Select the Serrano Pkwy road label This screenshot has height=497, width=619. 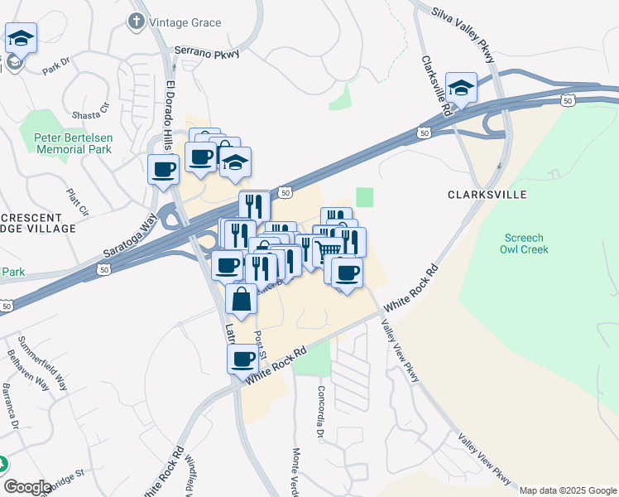coord(206,52)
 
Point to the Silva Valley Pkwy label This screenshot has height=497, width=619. coord(463,36)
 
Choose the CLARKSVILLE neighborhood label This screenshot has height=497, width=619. coord(487,195)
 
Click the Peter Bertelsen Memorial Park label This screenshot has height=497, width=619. coord(72,143)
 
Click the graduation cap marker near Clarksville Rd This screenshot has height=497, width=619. coord(461,86)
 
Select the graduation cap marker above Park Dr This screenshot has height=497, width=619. coord(20,37)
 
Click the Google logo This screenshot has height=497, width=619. coord(26,486)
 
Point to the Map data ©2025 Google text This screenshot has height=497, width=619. coord(567,490)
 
